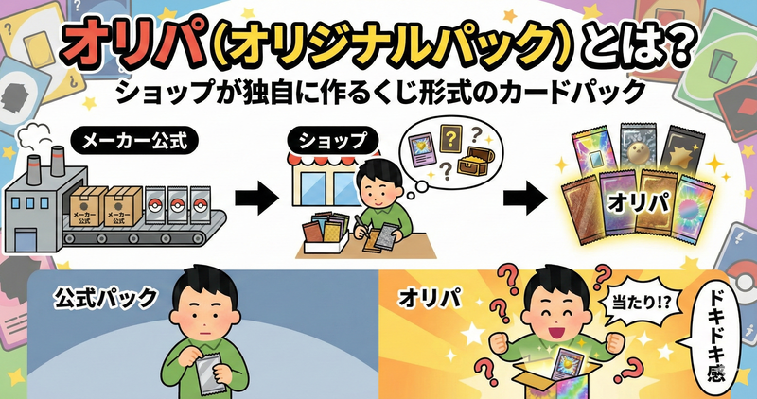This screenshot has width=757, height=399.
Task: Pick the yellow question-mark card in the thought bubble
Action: point(449,141)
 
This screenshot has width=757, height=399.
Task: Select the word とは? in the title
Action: point(645,43)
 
